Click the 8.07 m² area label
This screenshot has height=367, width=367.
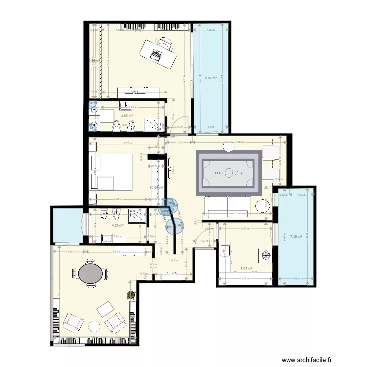coord(211,78)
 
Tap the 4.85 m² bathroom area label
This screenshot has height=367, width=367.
coord(127,116)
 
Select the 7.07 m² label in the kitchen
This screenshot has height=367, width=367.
coord(246,268)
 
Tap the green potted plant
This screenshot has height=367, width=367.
coord(131,295)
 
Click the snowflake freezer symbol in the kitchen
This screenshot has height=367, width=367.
coord(266,255)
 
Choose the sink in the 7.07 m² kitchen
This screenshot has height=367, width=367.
coord(226,251)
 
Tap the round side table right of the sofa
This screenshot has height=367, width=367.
coord(263,206)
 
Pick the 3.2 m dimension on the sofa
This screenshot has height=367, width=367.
coord(237,213)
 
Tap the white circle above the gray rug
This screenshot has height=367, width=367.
coord(229,145)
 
